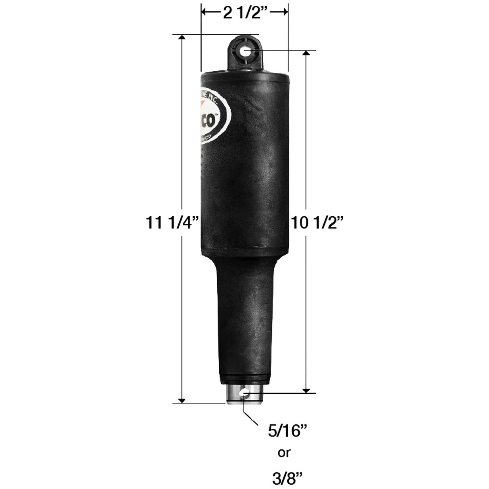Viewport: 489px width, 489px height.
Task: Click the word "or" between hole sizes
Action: (x=284, y=453)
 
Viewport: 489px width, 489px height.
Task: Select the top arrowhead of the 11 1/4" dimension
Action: (x=182, y=38)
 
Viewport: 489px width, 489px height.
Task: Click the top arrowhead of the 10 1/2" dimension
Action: (x=306, y=53)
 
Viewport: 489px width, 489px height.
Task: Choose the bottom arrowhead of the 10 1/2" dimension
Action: (x=306, y=391)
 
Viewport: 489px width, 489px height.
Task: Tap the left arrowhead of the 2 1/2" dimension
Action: (x=204, y=13)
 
